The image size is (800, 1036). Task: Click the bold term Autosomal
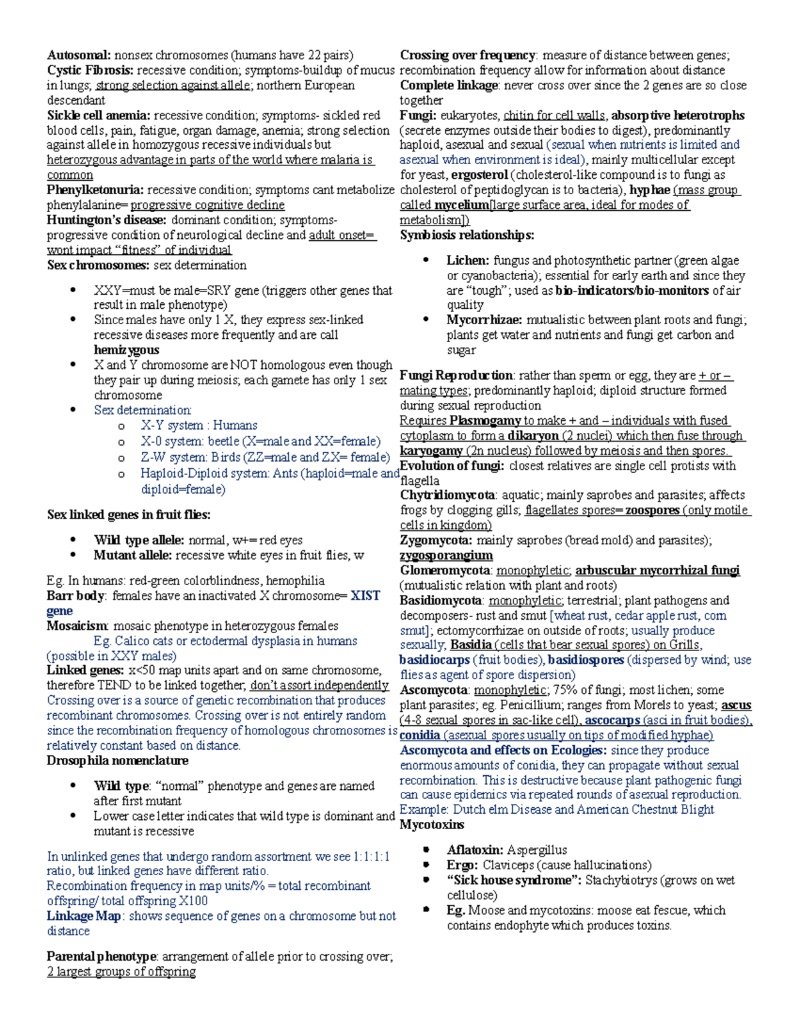click(79, 55)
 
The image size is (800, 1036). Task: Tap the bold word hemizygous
click(126, 350)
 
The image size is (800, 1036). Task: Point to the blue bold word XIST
click(365, 596)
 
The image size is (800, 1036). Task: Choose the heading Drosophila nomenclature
click(117, 760)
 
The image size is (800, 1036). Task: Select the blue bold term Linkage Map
click(83, 916)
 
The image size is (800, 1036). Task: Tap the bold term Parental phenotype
click(101, 957)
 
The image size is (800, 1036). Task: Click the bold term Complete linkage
click(449, 85)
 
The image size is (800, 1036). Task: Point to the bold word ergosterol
click(479, 175)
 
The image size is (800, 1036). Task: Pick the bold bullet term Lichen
click(467, 261)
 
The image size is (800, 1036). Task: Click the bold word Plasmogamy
click(485, 421)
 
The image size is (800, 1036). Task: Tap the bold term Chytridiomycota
click(447, 495)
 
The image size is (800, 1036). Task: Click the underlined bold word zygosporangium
click(446, 555)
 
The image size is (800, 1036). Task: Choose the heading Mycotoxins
click(431, 825)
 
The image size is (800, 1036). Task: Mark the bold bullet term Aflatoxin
click(474, 850)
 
